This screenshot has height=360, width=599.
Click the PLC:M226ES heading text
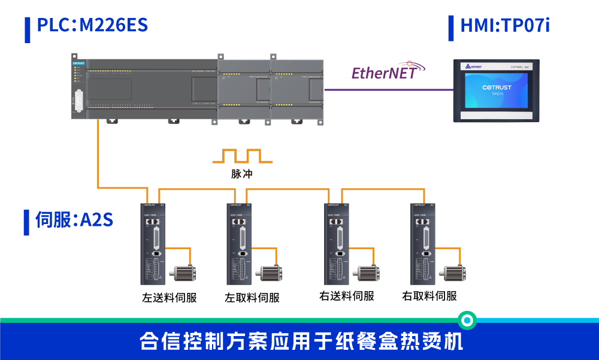pos(92,26)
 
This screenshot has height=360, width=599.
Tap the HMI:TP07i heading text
pos(504,26)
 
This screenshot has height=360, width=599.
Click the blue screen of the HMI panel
pos(497,90)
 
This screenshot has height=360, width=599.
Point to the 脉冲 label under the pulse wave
pos(242,174)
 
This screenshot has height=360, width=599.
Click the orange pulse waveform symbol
pos(242,156)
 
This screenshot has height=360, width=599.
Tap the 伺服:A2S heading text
pos(74,220)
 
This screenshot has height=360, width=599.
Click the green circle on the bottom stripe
pos(467,320)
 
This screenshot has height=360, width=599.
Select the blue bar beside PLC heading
pos(28,29)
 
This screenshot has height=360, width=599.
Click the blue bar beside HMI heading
pos(451,28)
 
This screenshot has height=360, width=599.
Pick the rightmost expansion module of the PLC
pos(297,91)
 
